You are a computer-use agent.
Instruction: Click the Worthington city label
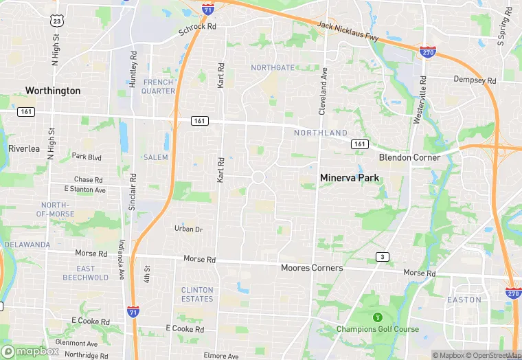pyautogui.click(x=53, y=91)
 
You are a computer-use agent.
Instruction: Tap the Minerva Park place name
pyautogui.click(x=350, y=178)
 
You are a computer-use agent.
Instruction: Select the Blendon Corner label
pyautogui.click(x=409, y=157)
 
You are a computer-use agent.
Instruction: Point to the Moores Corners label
pyautogui.click(x=312, y=267)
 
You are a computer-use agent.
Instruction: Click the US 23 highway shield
pyautogui.click(x=58, y=22)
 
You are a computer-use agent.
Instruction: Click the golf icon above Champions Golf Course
pyautogui.click(x=377, y=317)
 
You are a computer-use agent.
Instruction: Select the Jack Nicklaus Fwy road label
pyautogui.click(x=348, y=30)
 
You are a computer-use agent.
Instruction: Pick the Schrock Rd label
pyautogui.click(x=197, y=31)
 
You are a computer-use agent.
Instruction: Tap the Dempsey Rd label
pyautogui.click(x=475, y=80)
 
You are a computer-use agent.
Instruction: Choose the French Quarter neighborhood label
pyautogui.click(x=159, y=87)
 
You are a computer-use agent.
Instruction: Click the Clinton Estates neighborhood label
pyautogui.click(x=197, y=294)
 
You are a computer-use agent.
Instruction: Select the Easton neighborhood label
pyautogui.click(x=464, y=300)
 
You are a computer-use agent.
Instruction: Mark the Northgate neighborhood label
pyautogui.click(x=273, y=67)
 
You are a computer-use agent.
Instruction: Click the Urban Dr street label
pyautogui.click(x=188, y=229)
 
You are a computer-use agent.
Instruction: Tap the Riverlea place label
pyautogui.click(x=25, y=148)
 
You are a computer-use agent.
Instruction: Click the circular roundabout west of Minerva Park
pyautogui.click(x=258, y=177)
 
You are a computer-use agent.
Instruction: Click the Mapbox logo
pyautogui.click(x=31, y=351)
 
